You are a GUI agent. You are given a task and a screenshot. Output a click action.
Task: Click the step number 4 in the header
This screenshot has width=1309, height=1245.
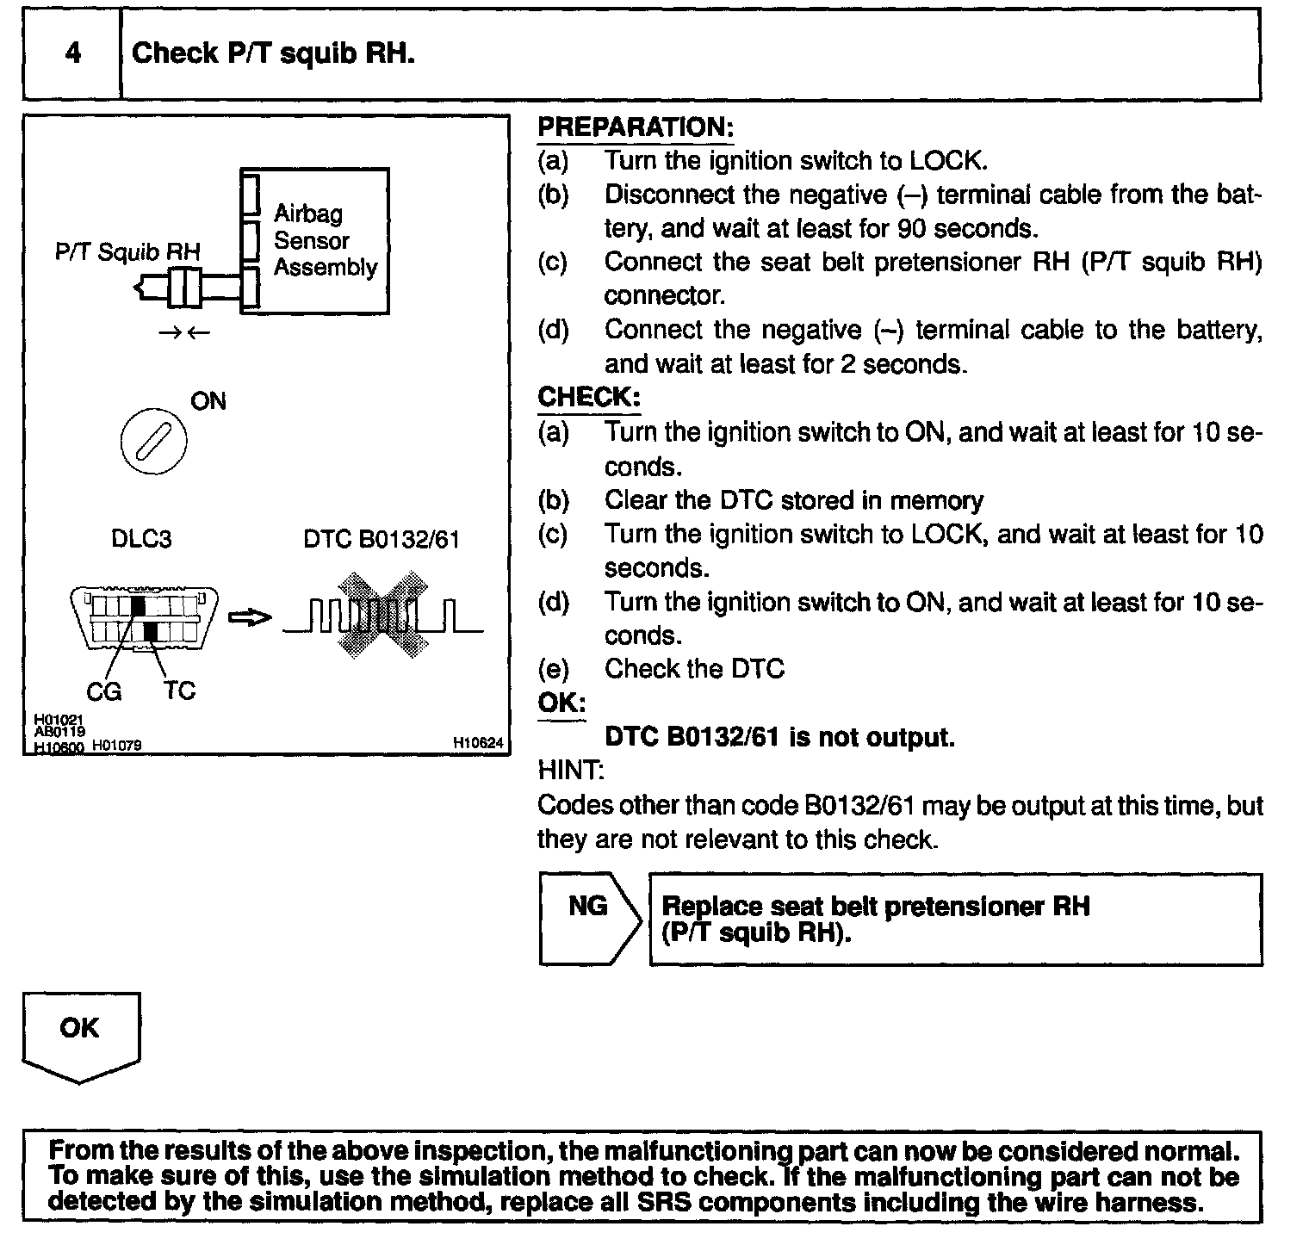tap(72, 53)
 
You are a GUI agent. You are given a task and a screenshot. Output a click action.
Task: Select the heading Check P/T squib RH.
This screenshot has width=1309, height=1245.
tap(273, 53)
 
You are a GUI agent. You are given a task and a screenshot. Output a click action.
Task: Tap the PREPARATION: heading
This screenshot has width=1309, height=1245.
tap(636, 127)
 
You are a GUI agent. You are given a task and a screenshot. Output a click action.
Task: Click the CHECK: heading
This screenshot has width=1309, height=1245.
tap(589, 397)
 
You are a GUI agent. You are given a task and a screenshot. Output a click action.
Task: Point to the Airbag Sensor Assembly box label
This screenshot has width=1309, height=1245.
tap(325, 240)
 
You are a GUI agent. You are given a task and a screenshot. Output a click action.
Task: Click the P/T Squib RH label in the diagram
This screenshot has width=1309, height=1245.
tap(127, 251)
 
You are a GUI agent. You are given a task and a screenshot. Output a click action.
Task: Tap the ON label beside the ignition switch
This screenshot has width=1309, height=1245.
tap(208, 401)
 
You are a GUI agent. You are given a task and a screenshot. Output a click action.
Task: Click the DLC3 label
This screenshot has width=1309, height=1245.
tap(141, 539)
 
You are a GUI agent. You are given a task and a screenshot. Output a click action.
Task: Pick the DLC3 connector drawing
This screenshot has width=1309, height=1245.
tap(143, 618)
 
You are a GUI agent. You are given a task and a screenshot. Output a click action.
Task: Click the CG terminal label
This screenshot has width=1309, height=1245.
tap(103, 691)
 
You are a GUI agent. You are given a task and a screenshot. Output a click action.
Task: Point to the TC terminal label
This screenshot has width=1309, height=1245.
tap(180, 691)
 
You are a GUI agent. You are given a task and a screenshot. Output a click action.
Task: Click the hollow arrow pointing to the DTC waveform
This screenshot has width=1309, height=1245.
tap(250, 617)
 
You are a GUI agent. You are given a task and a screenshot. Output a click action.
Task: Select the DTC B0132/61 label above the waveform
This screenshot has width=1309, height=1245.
tap(382, 539)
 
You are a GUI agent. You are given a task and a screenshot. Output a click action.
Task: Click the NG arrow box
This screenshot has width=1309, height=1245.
tap(589, 918)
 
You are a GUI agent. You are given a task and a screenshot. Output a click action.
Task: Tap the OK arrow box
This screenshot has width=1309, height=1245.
tap(80, 1033)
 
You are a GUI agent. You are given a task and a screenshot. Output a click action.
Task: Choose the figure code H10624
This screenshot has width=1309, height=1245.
tap(478, 743)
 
